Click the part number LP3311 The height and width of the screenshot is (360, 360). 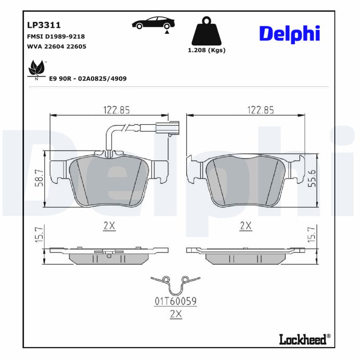click(x=44, y=25)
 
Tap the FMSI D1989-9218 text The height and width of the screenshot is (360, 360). click(x=56, y=36)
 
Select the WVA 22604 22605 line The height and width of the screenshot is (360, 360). click(x=57, y=46)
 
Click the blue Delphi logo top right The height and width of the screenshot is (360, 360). click(x=289, y=34)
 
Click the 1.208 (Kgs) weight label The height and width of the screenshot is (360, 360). click(x=207, y=50)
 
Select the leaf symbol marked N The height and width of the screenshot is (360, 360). click(x=36, y=69)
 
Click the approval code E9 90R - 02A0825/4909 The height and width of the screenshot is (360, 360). click(x=87, y=79)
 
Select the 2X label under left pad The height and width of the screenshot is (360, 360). click(x=109, y=226)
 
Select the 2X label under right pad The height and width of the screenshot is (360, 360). click(x=245, y=226)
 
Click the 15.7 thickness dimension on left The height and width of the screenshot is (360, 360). click(x=40, y=235)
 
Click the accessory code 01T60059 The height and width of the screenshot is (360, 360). click(x=176, y=301)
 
